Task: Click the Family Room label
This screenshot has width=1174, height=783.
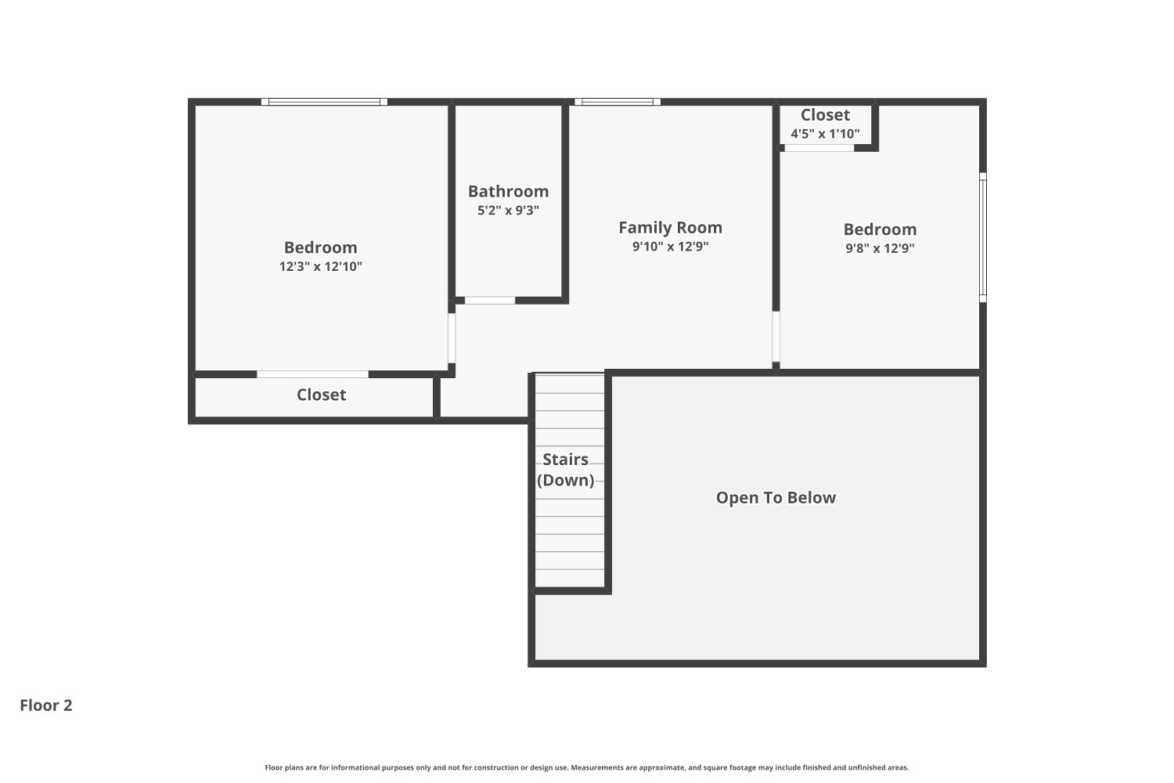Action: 670,227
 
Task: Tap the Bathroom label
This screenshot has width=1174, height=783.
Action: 508,191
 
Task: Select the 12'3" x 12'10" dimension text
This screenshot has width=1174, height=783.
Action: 320,266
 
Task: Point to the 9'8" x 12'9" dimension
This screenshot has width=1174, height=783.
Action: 880,248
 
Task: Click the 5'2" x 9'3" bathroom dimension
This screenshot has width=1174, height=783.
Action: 508,210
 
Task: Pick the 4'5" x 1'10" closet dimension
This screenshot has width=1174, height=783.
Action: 825,134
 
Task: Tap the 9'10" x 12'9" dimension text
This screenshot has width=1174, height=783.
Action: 670,246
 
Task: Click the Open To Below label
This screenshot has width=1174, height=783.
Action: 776,497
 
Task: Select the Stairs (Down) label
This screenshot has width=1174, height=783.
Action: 565,470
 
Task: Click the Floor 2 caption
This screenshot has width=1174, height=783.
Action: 46,705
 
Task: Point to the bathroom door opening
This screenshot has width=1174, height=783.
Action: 490,300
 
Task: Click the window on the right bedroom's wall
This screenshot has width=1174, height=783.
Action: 983,236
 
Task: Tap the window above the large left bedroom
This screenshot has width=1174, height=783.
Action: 324,102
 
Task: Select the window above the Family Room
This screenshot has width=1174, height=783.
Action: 618,102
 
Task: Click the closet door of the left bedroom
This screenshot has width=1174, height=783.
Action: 312,374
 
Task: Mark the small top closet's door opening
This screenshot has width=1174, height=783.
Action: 819,147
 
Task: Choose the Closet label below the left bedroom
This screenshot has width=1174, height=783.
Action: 321,395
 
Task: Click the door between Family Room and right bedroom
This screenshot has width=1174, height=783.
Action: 776,337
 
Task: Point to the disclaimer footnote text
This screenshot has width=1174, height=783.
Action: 587,767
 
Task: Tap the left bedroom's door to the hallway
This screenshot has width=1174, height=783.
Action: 452,338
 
